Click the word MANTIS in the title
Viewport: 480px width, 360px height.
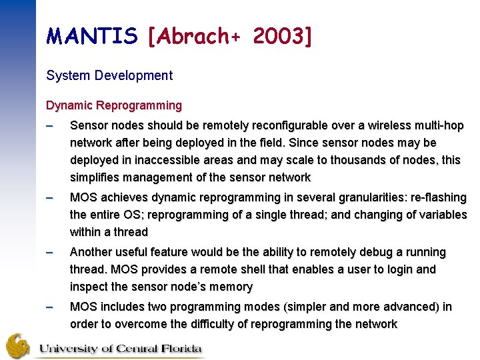tap(92, 37)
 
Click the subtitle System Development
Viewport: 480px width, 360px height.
tap(109, 75)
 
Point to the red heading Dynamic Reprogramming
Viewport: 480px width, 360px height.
tap(114, 105)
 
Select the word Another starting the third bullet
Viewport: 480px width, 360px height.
tap(92, 252)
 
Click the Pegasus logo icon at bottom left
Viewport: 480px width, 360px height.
tap(18, 345)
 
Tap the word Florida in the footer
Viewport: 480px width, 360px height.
tap(181, 347)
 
